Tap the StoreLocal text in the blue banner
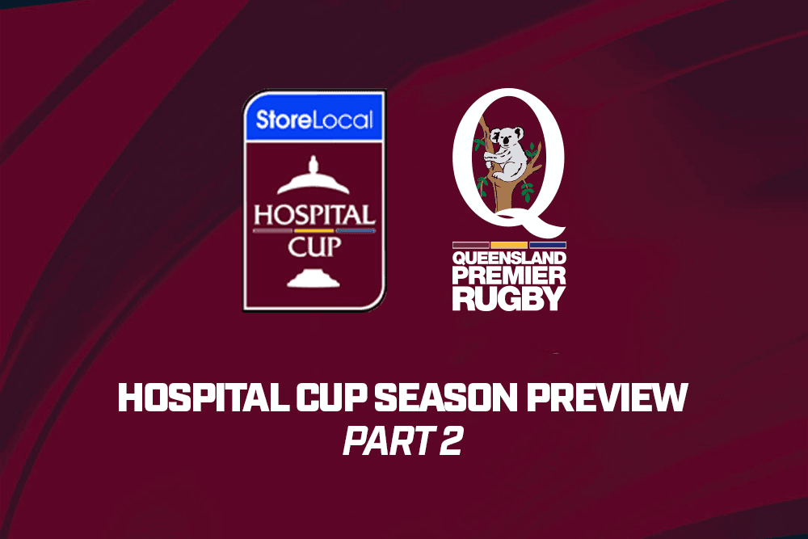click(x=314, y=120)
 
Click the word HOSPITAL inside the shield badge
click(x=314, y=216)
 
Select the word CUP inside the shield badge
click(x=314, y=246)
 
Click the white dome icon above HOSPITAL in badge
click(x=314, y=178)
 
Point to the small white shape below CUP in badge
click(x=314, y=278)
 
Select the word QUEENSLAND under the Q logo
click(x=509, y=258)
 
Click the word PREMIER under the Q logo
click(x=509, y=276)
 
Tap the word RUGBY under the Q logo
click(x=509, y=298)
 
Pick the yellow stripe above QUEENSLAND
click(x=509, y=246)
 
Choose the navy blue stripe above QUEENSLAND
click(x=548, y=246)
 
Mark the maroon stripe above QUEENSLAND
click(x=470, y=246)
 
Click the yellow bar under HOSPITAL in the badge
click(x=314, y=231)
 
